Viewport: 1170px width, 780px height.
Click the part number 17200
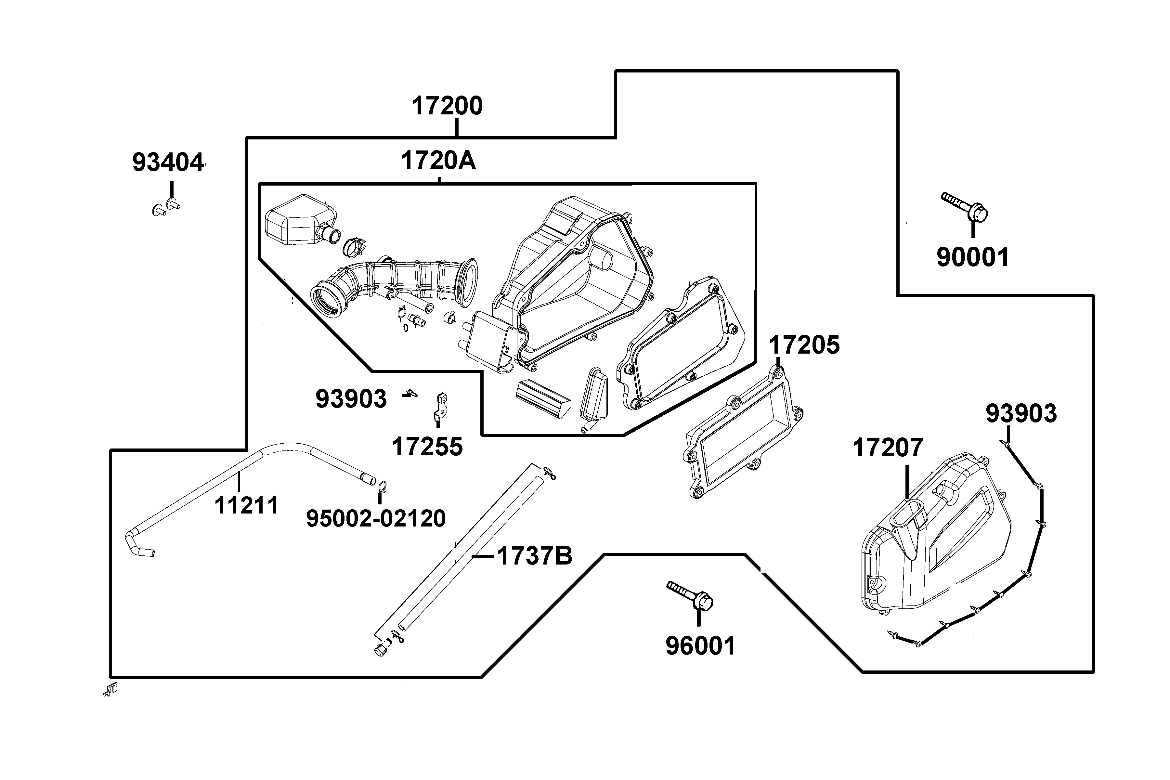pyautogui.click(x=447, y=106)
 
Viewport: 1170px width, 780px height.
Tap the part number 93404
pyautogui.click(x=168, y=163)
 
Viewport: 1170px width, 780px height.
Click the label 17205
pyautogui.click(x=804, y=345)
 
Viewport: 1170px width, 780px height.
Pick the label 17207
pyautogui.click(x=888, y=448)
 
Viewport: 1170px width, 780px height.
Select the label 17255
pyautogui.click(x=427, y=447)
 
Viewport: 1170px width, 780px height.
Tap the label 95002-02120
pyautogui.click(x=376, y=519)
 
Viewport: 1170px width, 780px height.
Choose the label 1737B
pyautogui.click(x=534, y=556)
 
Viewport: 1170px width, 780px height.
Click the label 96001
pyautogui.click(x=700, y=646)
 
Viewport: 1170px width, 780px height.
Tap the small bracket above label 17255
pyautogui.click(x=439, y=405)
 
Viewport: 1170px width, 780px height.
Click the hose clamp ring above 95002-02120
pyautogui.click(x=383, y=486)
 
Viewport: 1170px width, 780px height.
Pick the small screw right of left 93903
pyautogui.click(x=411, y=394)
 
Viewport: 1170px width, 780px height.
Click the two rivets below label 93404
pyautogui.click(x=166, y=206)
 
